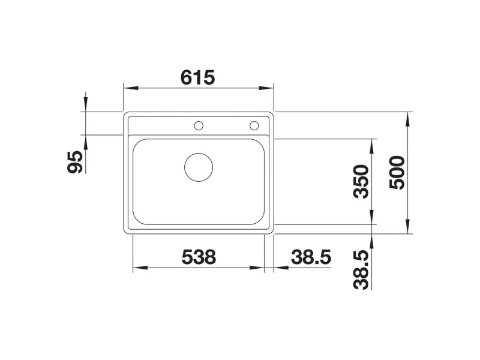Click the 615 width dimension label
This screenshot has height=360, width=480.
coord(198,77)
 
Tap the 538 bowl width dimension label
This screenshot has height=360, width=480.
coord(199,257)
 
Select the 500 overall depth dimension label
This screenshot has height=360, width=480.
coord(397,172)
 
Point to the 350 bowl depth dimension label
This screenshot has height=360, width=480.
coord(361,182)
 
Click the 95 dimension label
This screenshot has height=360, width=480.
coord(75,162)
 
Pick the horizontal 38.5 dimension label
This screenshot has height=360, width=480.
coord(311,257)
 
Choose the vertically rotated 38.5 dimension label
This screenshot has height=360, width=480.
coord(361,269)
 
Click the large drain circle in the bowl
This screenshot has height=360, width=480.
coord(199,167)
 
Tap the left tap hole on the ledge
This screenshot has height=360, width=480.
coord(199,125)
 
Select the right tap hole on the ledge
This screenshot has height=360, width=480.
coord(254,125)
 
